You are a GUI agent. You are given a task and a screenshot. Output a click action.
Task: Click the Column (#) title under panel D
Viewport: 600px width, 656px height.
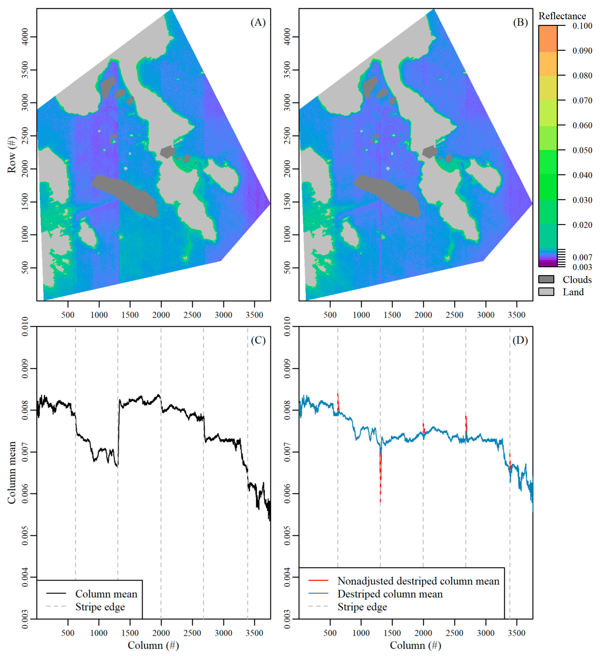[415, 645]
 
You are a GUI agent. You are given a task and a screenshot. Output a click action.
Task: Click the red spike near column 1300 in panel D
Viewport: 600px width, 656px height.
[380, 475]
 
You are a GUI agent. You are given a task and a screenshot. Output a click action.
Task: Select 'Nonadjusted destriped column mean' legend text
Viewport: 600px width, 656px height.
[418, 581]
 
